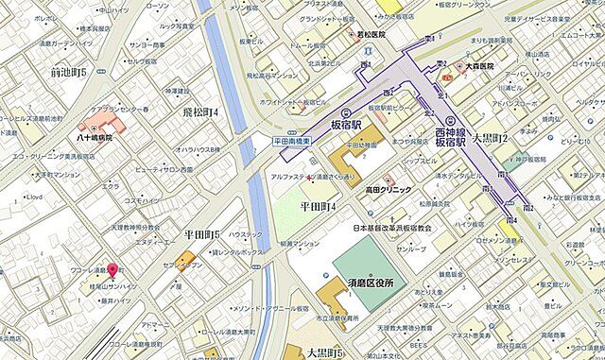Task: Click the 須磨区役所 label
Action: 369,283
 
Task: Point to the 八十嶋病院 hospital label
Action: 95,138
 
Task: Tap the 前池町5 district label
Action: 69,72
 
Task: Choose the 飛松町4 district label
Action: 199,112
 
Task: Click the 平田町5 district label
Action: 202,234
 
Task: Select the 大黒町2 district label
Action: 491,139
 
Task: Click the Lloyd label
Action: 35,197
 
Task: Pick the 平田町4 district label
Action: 319,205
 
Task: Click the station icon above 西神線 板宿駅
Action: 450,120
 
